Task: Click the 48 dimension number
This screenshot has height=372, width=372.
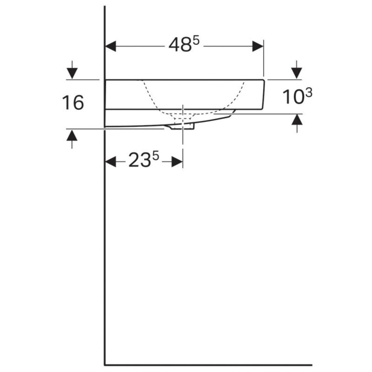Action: [x=180, y=45]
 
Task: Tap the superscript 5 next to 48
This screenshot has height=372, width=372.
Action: [x=196, y=41]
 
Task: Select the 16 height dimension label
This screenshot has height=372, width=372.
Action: [x=73, y=103]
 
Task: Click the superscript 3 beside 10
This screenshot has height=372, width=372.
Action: [x=309, y=93]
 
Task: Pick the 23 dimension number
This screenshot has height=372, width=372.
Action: [x=140, y=160]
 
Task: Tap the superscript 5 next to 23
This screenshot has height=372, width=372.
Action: [x=155, y=157]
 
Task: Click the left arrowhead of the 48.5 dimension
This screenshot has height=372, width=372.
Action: [x=110, y=46]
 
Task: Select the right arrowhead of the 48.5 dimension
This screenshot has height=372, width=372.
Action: [x=258, y=46]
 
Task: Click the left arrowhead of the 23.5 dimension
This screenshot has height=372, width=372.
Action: [x=110, y=162]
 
